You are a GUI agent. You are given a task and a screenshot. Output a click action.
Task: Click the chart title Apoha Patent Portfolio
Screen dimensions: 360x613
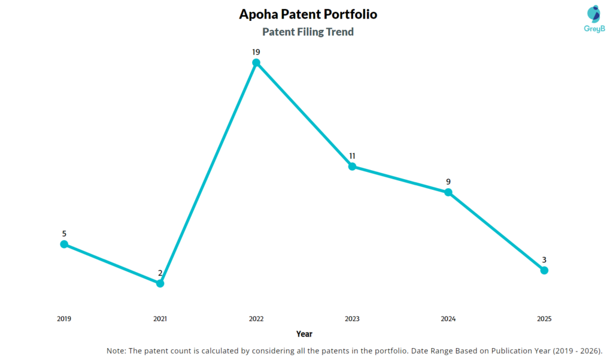tap(308, 14)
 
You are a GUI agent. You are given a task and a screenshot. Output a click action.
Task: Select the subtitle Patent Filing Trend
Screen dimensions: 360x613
tap(308, 32)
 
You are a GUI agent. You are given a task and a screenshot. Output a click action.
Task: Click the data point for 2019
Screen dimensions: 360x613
tap(64, 244)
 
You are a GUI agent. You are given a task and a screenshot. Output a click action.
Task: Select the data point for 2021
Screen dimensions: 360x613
tap(160, 283)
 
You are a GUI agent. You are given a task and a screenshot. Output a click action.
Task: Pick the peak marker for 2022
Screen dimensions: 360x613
tap(256, 62)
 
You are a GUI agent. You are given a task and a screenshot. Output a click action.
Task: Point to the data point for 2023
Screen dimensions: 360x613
tap(352, 166)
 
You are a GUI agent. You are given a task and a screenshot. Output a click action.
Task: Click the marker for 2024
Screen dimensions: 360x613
tap(448, 192)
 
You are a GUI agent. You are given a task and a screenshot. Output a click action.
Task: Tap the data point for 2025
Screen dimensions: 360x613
tap(544, 270)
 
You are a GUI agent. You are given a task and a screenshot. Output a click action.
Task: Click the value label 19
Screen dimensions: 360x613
tap(256, 52)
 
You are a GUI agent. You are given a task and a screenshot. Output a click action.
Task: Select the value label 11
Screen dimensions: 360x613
tap(352, 156)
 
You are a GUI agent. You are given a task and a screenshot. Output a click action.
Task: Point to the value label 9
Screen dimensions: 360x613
tap(448, 181)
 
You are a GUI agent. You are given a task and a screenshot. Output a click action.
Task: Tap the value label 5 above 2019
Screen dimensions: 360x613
tap(64, 234)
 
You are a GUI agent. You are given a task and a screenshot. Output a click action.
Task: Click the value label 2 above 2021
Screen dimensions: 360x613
tap(160, 273)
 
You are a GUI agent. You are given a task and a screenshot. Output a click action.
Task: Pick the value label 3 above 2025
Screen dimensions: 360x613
tap(544, 260)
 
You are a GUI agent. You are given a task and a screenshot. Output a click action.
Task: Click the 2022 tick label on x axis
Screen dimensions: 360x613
tap(256, 319)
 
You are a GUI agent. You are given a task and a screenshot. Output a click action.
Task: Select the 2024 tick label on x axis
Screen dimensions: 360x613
tap(448, 319)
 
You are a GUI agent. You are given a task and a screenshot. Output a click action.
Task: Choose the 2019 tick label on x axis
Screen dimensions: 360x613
tap(64, 319)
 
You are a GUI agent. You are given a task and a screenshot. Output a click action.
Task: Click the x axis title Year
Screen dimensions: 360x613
tap(304, 334)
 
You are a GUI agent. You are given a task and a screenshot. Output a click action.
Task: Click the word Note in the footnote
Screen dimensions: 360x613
tap(117, 350)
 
